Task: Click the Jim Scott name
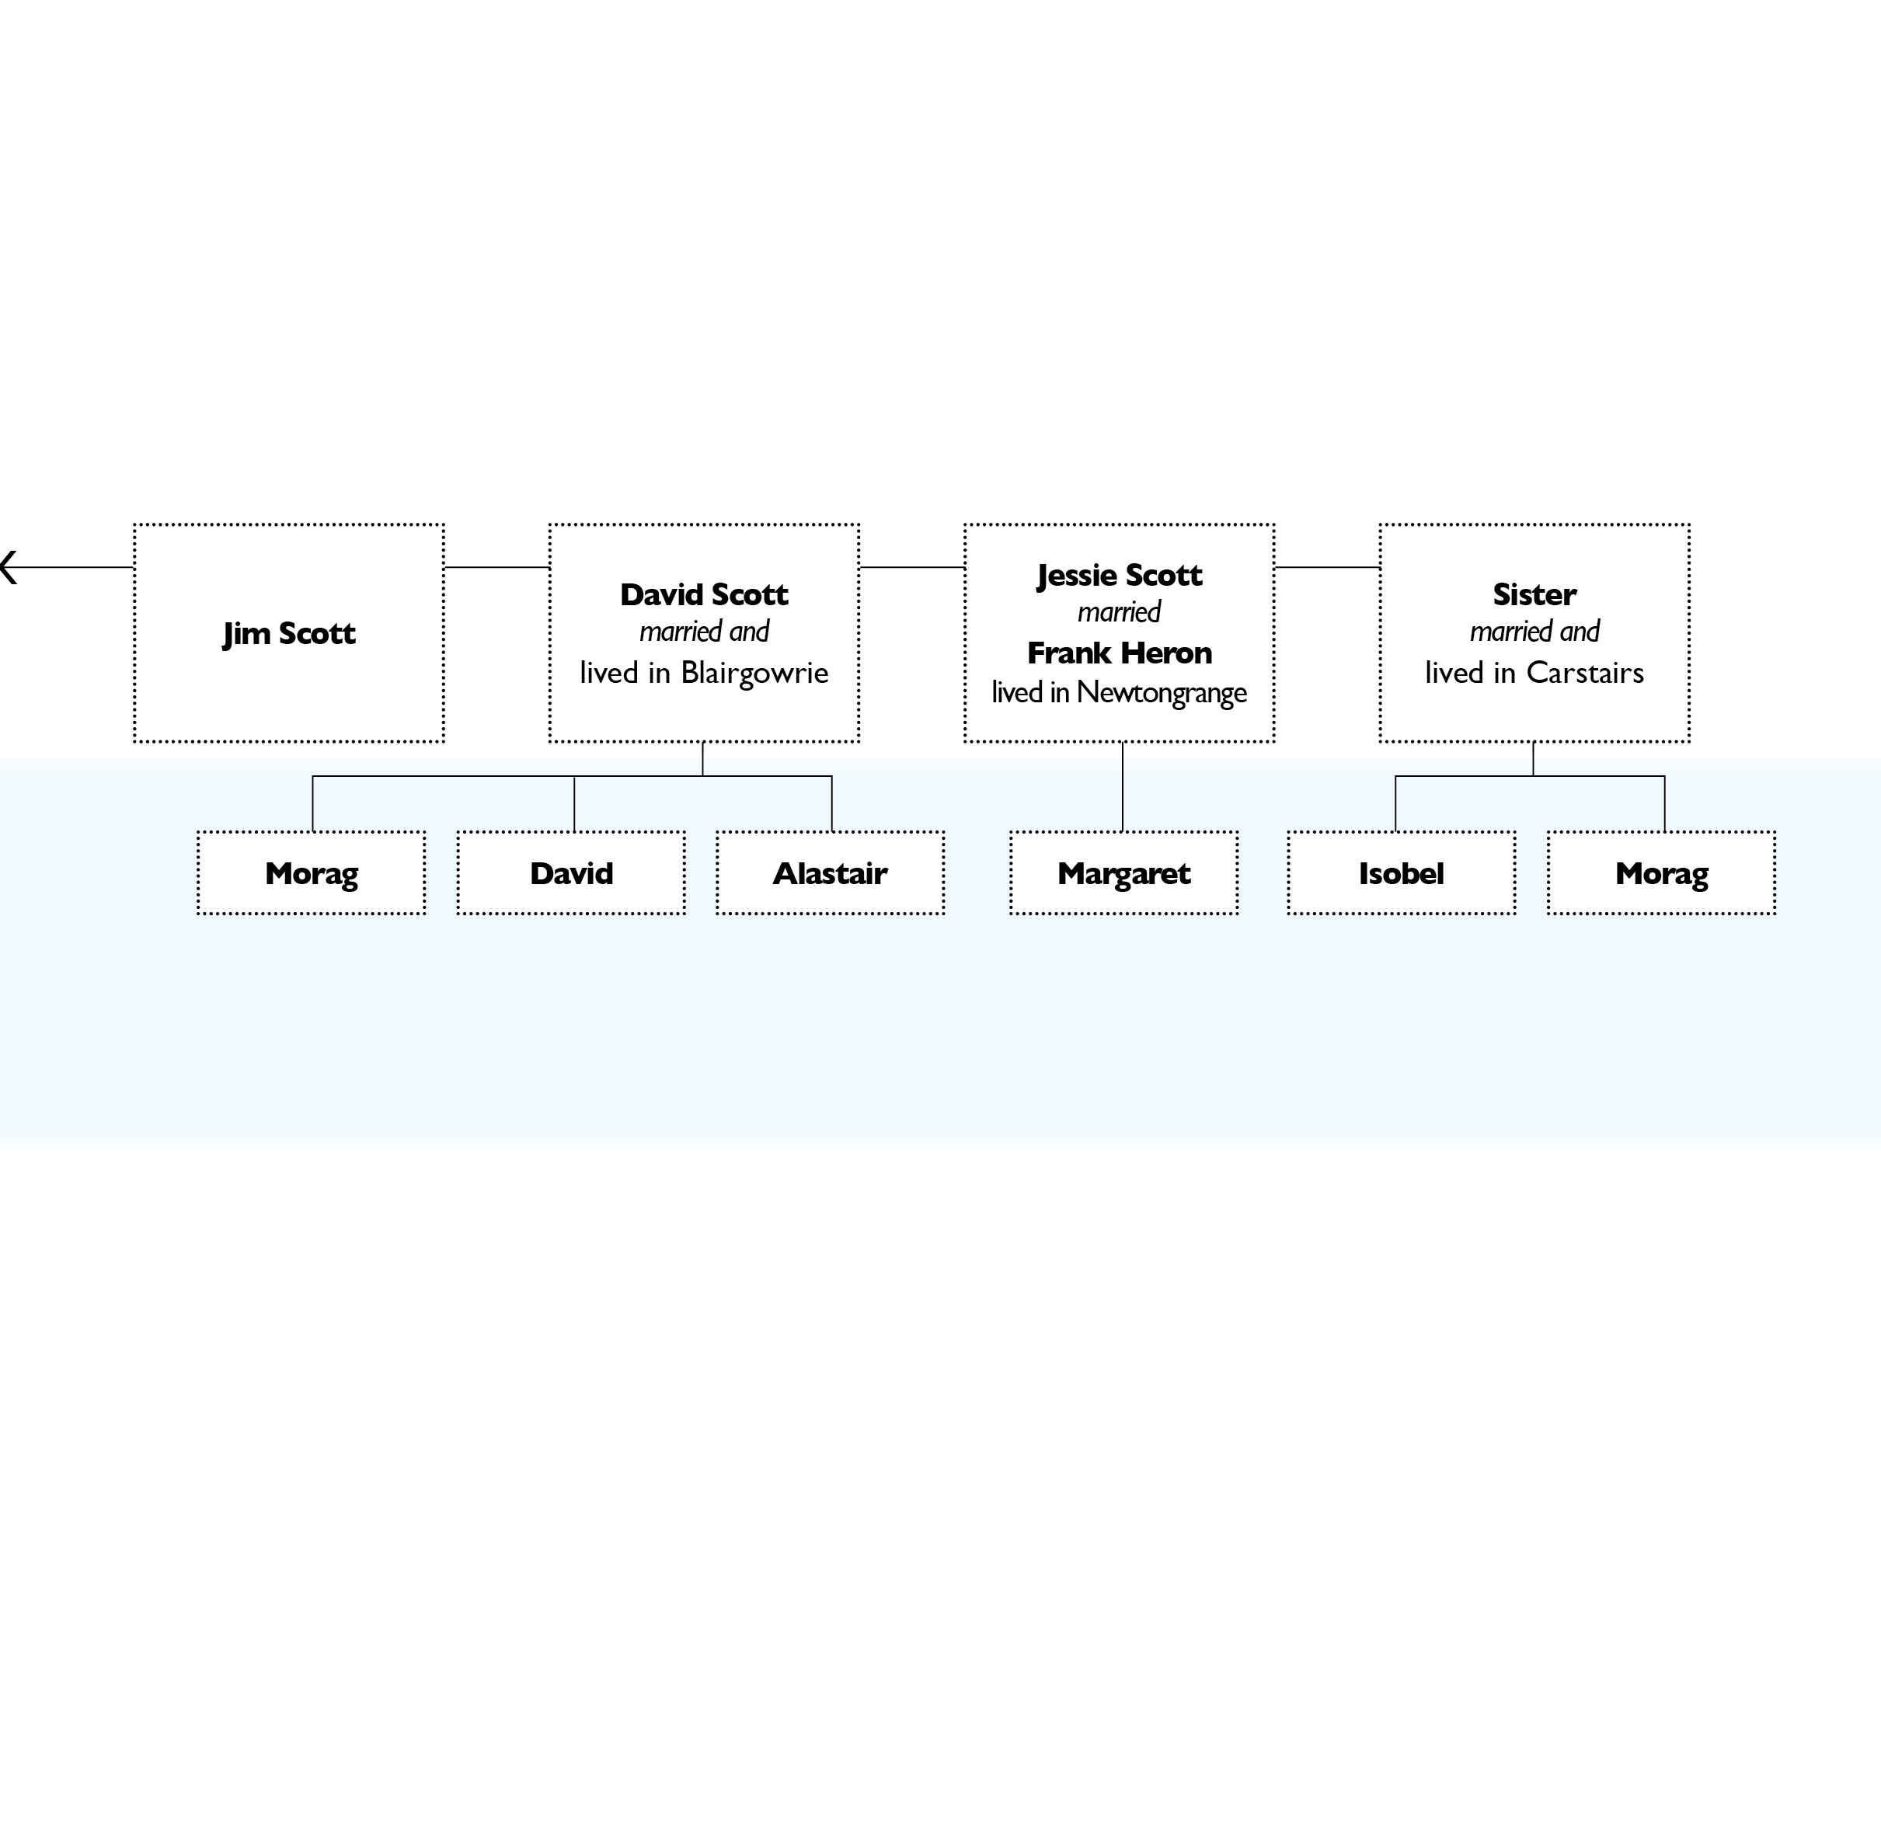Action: [x=289, y=634]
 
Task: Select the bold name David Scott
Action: [x=705, y=594]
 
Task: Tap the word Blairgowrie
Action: [x=754, y=673]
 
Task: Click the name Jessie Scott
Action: [x=1120, y=576]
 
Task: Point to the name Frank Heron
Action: [x=1120, y=653]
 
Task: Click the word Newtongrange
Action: [x=1162, y=693]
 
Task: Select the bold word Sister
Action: [x=1535, y=594]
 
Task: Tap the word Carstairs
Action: [x=1585, y=673]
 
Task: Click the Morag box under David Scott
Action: [x=312, y=873]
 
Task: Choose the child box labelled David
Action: [x=571, y=873]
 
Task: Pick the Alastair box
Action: [x=831, y=873]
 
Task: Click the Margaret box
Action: [x=1124, y=873]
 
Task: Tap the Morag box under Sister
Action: [x=1662, y=873]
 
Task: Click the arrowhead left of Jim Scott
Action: [x=9, y=568]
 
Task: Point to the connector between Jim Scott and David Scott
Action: [x=497, y=568]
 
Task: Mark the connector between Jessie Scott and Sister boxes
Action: [x=1328, y=568]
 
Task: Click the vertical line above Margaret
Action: [x=1123, y=786]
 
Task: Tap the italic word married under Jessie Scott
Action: [x=1120, y=613]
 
